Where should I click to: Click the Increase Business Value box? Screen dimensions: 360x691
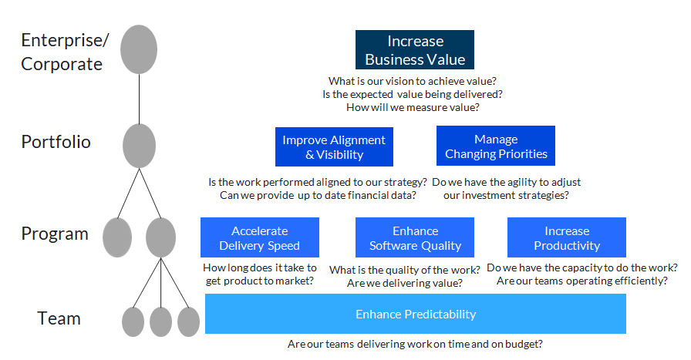click(415, 50)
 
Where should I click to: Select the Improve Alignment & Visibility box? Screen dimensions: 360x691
click(334, 146)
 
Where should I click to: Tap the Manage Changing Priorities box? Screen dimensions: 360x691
click(496, 146)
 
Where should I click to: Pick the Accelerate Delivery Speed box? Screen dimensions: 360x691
click(259, 238)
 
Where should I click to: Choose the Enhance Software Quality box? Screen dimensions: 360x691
click(415, 238)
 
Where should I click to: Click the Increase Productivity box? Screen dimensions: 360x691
click(566, 238)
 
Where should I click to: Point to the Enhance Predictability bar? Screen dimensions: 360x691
click(415, 314)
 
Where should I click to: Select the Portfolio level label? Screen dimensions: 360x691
click(56, 142)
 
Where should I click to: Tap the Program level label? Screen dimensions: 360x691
click(55, 234)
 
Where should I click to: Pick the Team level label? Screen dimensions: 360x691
click(59, 318)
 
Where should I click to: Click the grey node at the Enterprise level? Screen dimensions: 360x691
click(139, 49)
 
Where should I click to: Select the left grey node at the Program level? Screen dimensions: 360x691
click(117, 237)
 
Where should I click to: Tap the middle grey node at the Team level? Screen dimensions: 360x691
click(160, 321)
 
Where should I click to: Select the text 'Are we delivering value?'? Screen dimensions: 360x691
click(405, 283)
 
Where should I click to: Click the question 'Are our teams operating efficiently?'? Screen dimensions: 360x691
click(582, 281)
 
